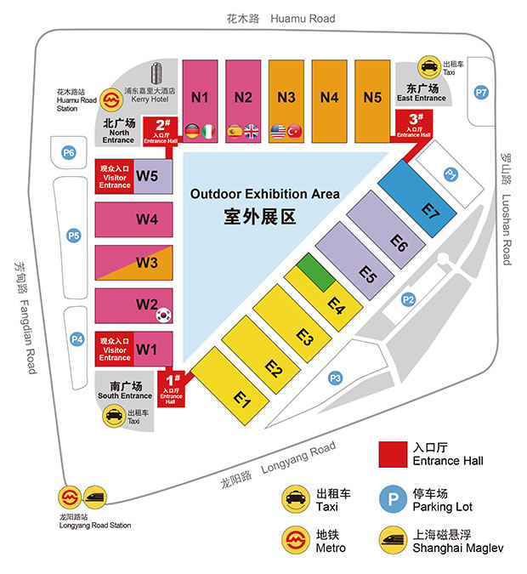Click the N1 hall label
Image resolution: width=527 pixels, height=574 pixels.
click(x=200, y=97)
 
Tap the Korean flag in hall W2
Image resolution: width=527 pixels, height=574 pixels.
click(x=163, y=315)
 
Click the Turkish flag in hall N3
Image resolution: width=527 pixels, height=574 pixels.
click(x=295, y=131)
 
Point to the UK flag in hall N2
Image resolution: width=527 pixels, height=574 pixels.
click(x=252, y=131)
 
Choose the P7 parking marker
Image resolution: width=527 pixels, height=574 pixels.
click(x=482, y=92)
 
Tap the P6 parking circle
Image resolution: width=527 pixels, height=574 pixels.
click(x=69, y=153)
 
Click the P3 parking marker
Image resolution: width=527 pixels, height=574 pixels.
click(x=336, y=378)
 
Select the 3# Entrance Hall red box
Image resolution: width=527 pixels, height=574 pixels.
click(x=415, y=126)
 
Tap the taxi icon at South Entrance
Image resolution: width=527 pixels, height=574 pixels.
click(x=112, y=416)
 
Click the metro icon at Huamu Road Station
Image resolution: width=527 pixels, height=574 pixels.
click(x=110, y=99)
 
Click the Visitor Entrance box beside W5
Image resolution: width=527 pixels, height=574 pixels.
click(x=115, y=179)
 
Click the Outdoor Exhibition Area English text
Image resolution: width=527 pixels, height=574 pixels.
click(x=265, y=194)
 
